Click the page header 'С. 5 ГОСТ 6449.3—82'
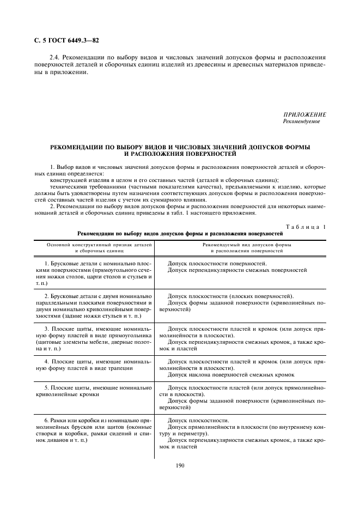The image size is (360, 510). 63,41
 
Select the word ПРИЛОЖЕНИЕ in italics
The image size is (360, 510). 304,115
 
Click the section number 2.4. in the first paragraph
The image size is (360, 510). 55,57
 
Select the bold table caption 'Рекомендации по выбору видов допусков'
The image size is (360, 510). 180,234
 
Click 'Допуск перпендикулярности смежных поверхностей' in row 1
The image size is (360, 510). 237,270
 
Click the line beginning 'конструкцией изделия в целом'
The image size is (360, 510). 163,180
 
